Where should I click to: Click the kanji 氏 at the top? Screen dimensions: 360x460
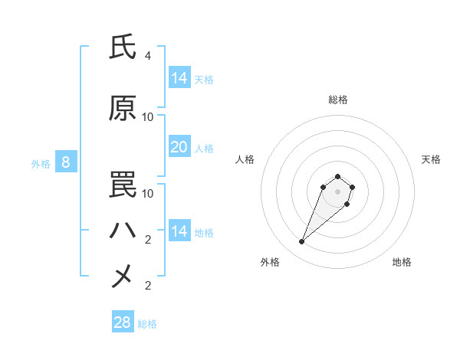point(123,47)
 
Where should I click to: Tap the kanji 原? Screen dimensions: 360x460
point(123,109)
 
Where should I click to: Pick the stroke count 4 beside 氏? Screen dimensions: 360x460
point(147,56)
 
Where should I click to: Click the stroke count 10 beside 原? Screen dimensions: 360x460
point(148,117)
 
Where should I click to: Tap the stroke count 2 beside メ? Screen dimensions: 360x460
point(147,286)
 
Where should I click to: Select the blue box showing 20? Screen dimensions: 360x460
point(179,147)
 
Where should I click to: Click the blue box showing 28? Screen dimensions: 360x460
point(122,322)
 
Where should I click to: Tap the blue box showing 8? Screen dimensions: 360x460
point(66,162)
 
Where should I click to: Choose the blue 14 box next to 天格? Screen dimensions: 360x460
point(179,78)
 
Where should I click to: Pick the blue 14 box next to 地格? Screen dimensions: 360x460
point(179,231)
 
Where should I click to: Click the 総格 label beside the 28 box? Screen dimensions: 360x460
point(147,324)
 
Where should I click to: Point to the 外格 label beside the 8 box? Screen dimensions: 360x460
point(40,163)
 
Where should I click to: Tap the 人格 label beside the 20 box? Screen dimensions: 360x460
point(204,149)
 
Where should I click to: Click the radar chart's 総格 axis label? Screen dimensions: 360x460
point(337,100)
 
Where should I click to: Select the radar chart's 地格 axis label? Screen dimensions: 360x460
point(402,262)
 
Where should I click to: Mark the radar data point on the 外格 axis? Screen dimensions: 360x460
point(302,242)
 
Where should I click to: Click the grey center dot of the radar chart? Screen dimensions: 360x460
point(337,191)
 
